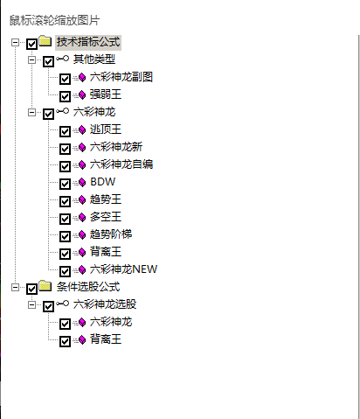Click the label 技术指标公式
(x=88, y=42)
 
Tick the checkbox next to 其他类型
(x=48, y=61)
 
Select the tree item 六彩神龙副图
(x=121, y=77)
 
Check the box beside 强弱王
(x=65, y=96)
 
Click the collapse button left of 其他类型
(x=31, y=60)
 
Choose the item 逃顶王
(x=106, y=129)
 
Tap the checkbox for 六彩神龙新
(x=65, y=149)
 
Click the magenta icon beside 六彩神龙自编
(x=82, y=165)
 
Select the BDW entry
(x=103, y=182)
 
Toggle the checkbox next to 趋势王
(x=65, y=201)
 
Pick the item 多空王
(x=106, y=217)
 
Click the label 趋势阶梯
(x=111, y=234)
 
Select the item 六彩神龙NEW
(x=123, y=269)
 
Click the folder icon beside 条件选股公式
(x=45, y=286)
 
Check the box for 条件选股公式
(x=31, y=289)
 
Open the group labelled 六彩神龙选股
(x=105, y=304)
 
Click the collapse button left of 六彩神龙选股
(x=31, y=305)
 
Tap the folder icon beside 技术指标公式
(x=45, y=41)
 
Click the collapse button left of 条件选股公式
(x=15, y=288)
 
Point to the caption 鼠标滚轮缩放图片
(x=54, y=20)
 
